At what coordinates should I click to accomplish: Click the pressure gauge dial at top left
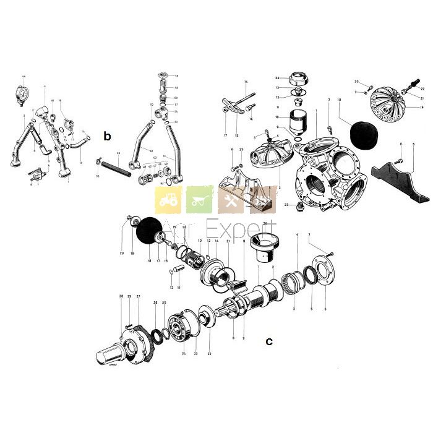point(24,92)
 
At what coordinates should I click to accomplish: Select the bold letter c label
point(268,341)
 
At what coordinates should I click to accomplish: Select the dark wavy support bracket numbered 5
point(398,179)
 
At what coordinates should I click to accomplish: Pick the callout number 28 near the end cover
point(121,297)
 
